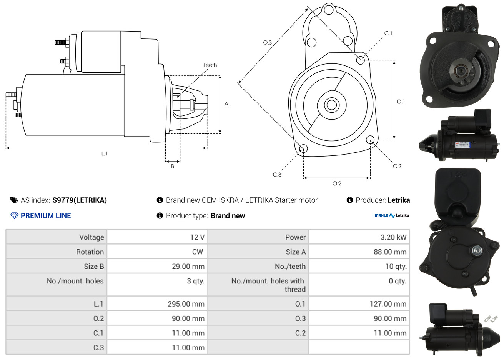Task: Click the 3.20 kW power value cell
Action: click(x=393, y=237)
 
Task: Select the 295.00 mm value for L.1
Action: click(x=186, y=304)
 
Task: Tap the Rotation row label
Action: click(x=90, y=252)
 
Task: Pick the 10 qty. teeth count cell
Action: click(x=396, y=266)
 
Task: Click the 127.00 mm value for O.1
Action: click(x=388, y=304)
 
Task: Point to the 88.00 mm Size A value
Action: click(x=390, y=252)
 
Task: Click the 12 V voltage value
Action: click(x=197, y=237)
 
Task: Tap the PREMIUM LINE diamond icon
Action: click(x=14, y=216)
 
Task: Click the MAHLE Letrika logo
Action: click(x=392, y=215)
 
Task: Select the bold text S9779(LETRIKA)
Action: click(x=80, y=200)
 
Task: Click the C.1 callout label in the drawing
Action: click(x=388, y=33)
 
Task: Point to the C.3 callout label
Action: click(x=277, y=175)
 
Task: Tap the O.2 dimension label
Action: click(x=337, y=183)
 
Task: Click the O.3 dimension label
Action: click(x=268, y=42)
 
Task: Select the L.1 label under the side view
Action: click(x=104, y=153)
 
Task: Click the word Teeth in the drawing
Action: click(x=210, y=65)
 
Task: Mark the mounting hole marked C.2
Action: click(x=370, y=140)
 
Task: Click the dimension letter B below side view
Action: click(x=173, y=166)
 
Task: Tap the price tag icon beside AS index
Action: click(x=14, y=200)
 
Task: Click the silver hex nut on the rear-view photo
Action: click(x=476, y=250)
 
